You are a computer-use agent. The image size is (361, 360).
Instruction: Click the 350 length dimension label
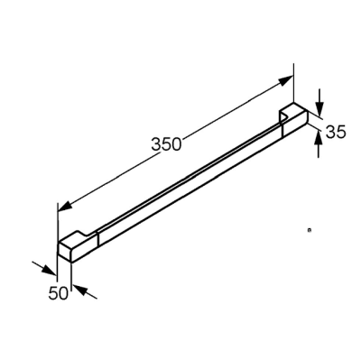tap(167, 144)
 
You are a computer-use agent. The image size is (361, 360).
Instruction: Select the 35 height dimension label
tap(336, 132)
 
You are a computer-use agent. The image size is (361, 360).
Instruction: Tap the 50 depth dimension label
tap(59, 293)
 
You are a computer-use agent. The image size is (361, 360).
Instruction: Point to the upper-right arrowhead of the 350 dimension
tap(285, 80)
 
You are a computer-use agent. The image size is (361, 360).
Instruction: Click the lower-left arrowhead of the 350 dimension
tap(66, 206)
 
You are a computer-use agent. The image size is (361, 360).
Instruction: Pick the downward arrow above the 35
tap(319, 103)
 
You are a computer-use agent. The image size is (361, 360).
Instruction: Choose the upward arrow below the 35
tap(319, 143)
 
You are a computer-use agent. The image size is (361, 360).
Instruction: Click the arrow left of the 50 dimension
tap(44, 268)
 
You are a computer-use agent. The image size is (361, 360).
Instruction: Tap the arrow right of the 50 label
tap(85, 291)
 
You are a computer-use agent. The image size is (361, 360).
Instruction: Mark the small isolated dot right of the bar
tap(309, 230)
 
